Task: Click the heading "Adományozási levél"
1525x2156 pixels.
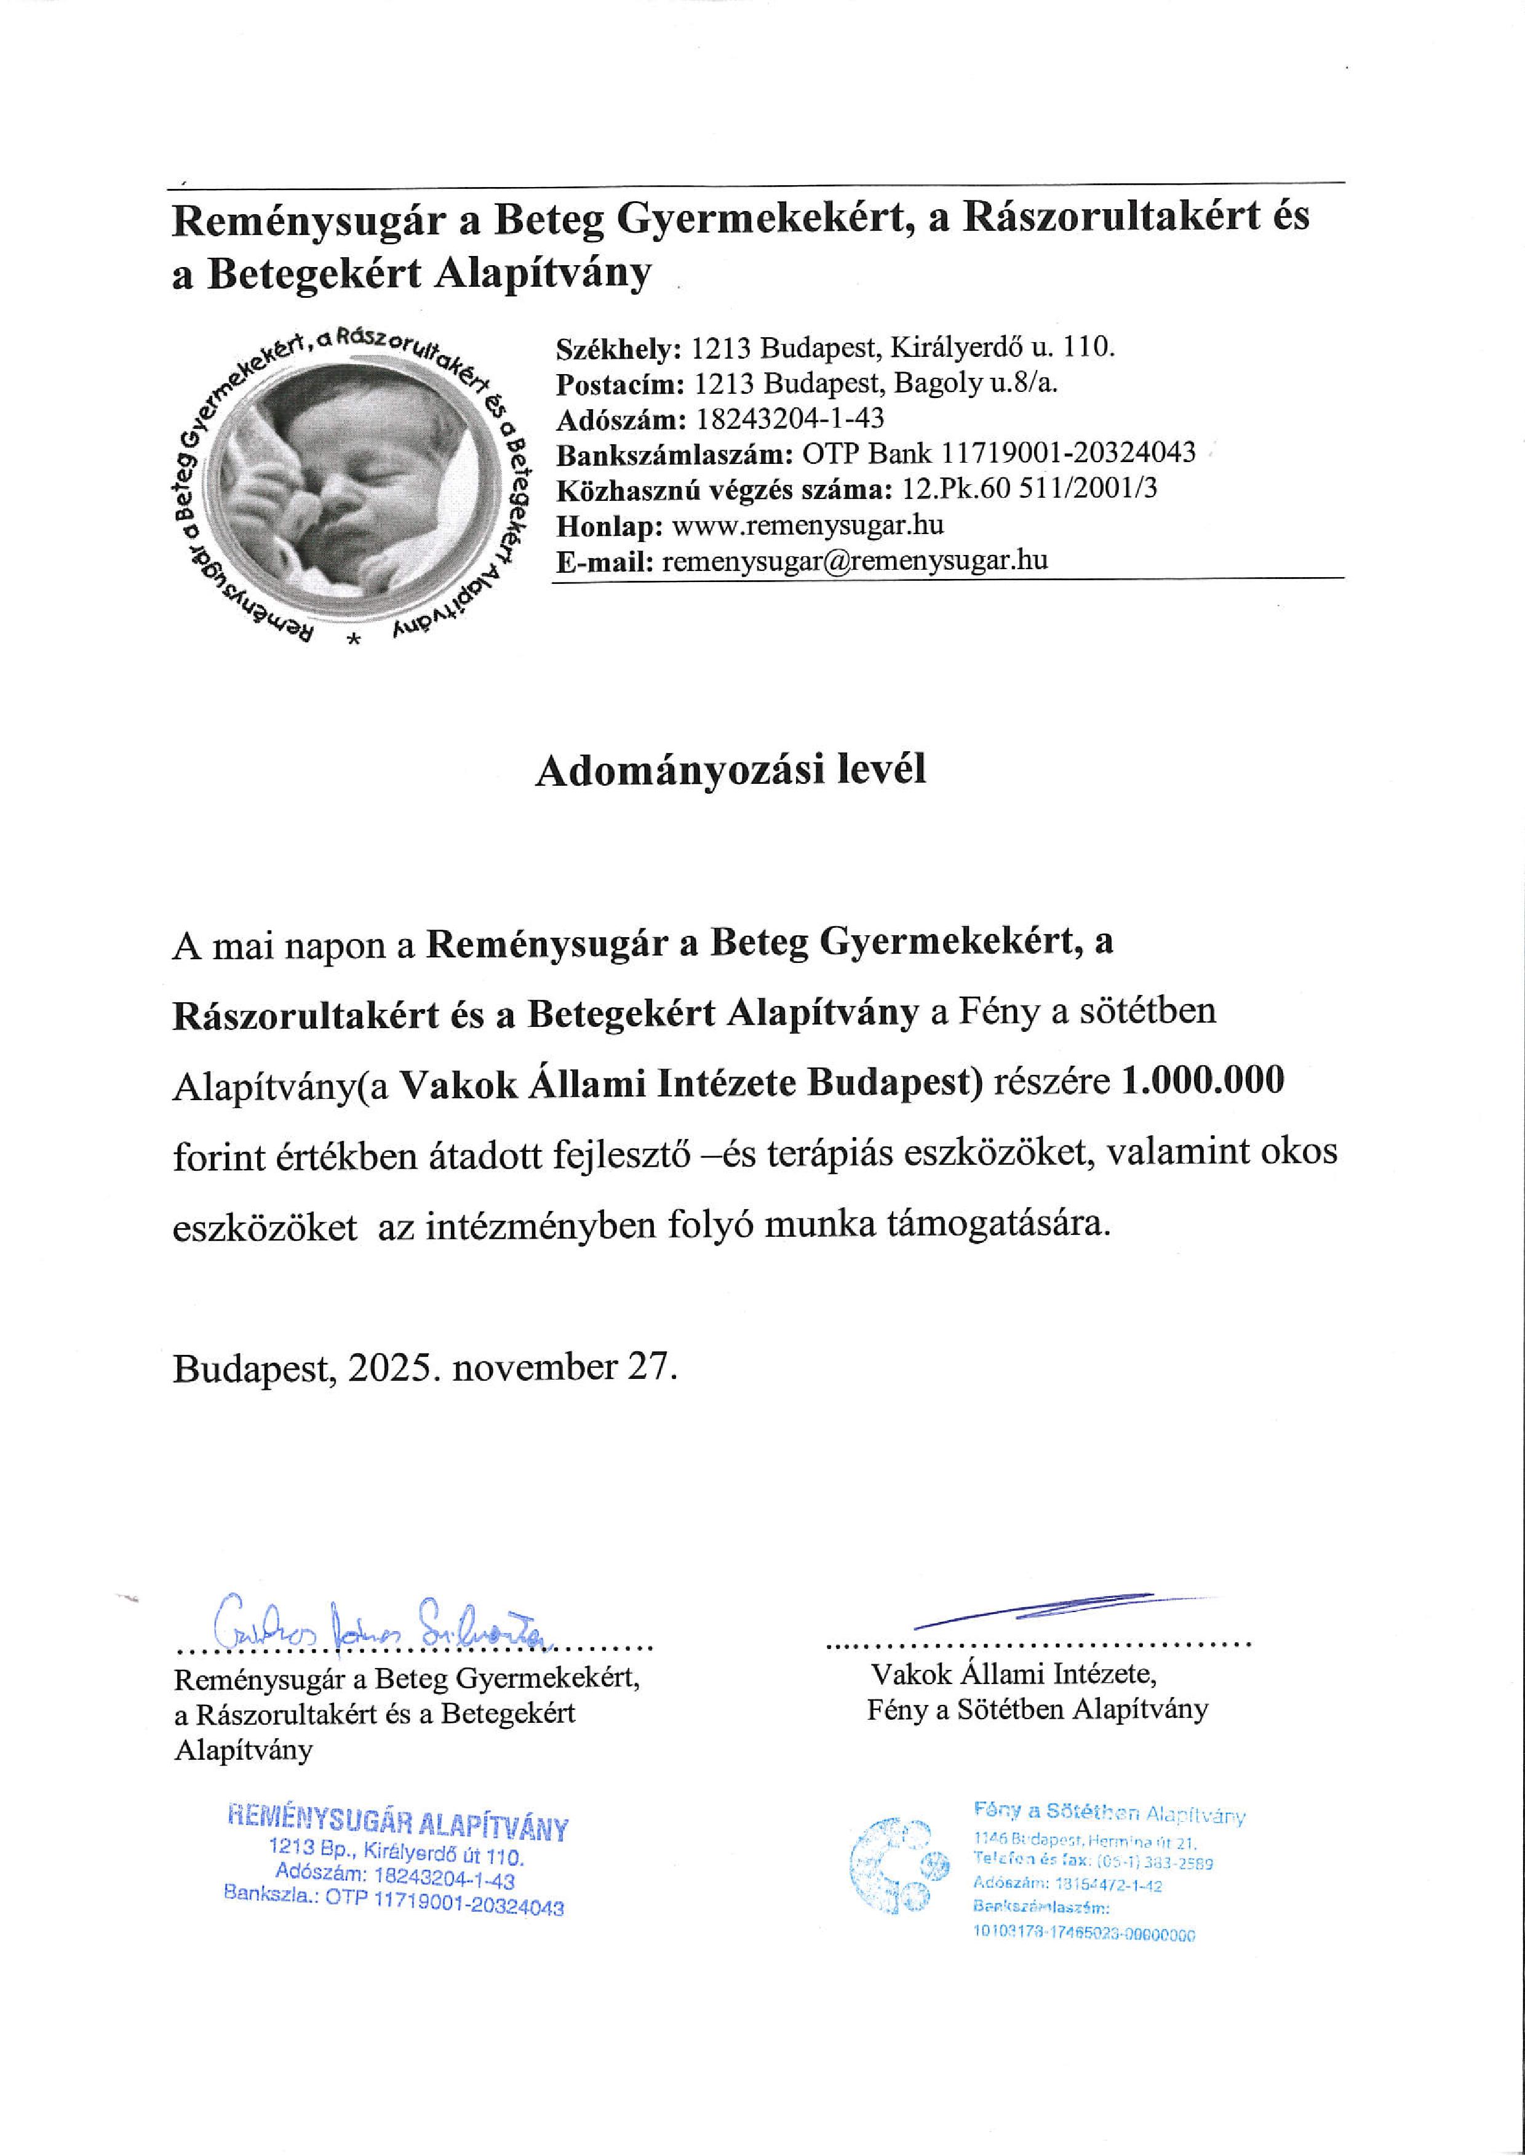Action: click(x=730, y=770)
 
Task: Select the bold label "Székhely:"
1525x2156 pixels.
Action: click(x=619, y=349)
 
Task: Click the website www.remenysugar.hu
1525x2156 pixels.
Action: click(x=808, y=525)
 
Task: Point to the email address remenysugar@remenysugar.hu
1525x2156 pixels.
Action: click(x=854, y=561)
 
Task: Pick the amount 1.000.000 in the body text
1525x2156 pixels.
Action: click(x=1203, y=1081)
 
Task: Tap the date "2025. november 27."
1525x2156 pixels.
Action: click(x=512, y=1367)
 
